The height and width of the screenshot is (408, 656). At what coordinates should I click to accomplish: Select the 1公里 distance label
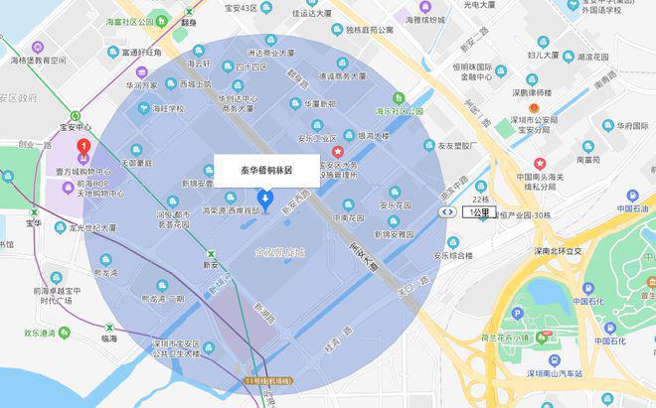click(x=480, y=211)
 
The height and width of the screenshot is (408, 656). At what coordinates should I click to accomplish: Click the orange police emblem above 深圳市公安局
click(x=535, y=106)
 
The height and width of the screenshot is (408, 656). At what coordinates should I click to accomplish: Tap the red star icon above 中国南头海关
click(x=540, y=163)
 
